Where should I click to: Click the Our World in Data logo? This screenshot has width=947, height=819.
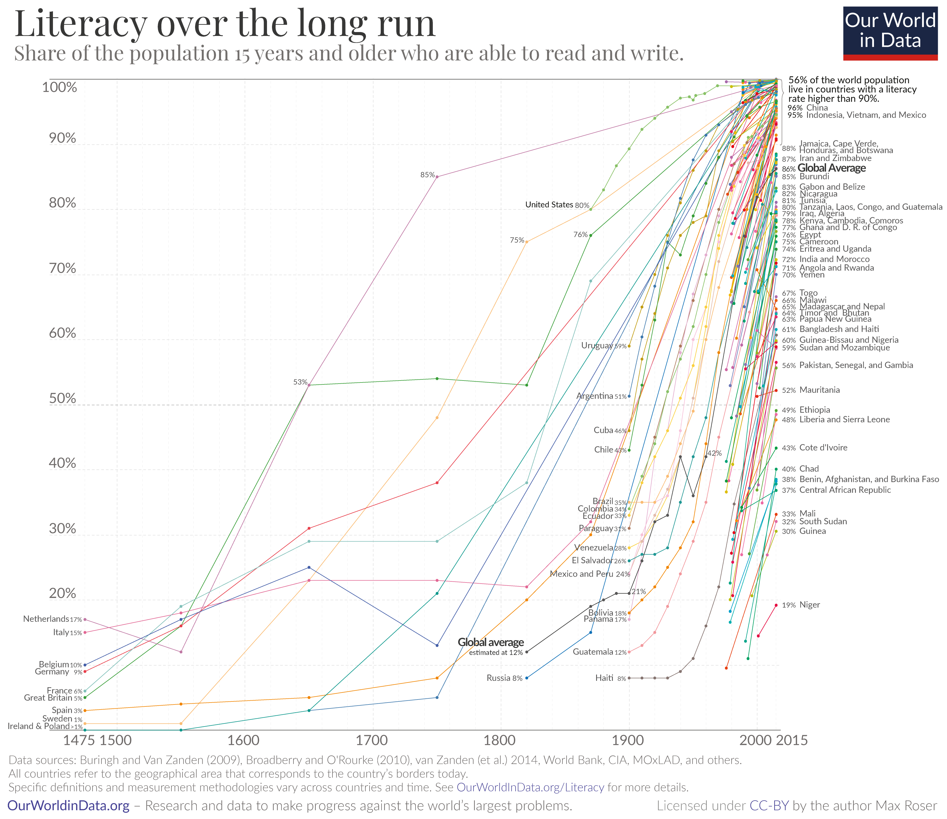(890, 33)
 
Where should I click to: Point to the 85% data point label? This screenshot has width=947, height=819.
(428, 175)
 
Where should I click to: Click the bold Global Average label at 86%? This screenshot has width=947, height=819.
(831, 168)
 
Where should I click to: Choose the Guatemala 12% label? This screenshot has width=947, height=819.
(599, 652)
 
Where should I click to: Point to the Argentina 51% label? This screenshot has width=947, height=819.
(601, 396)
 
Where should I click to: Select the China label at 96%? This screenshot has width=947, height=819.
(817, 108)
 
